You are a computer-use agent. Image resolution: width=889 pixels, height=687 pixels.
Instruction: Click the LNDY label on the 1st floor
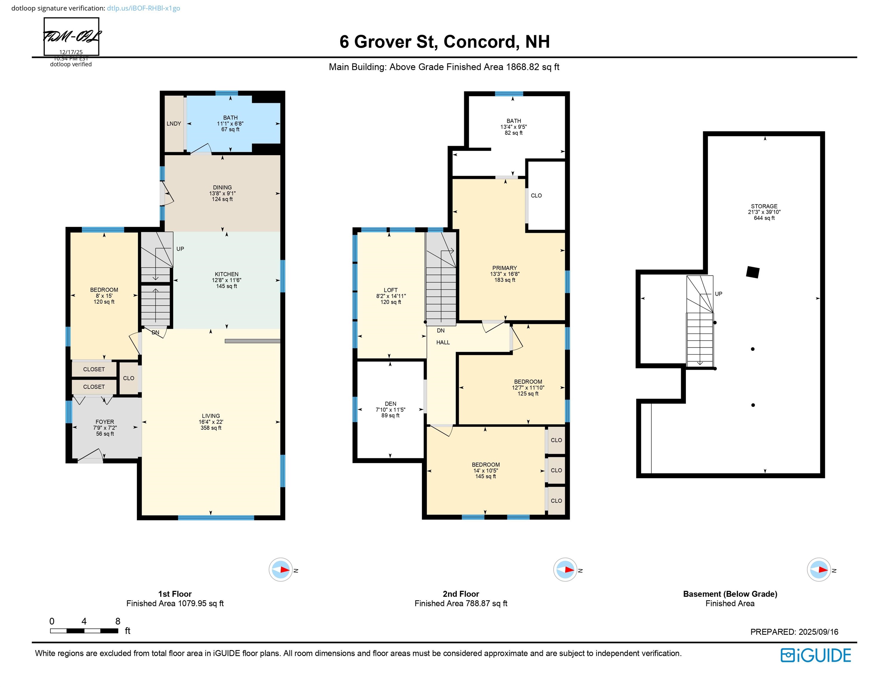pos(174,124)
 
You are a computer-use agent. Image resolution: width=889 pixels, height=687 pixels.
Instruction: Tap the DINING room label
pos(222,188)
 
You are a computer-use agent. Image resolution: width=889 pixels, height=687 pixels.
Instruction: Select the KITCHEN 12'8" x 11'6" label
pos(227,280)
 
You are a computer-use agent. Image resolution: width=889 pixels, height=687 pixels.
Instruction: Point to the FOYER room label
pos(105,422)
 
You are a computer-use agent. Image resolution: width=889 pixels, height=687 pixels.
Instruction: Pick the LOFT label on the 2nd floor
pos(390,290)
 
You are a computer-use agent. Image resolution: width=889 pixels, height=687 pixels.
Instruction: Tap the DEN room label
pos(390,404)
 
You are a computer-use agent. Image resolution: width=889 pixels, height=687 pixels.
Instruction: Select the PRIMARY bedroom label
pos(505,268)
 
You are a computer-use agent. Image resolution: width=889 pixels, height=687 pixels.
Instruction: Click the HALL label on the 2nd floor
pos(443,342)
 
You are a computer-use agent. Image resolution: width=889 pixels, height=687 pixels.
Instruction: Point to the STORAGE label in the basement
pos(764,206)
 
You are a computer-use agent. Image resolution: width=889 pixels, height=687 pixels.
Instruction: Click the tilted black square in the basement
pos(753,272)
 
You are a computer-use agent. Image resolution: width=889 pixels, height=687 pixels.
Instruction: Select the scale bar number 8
pos(117,621)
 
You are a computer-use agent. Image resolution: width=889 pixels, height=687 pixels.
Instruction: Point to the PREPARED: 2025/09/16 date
pos(794,632)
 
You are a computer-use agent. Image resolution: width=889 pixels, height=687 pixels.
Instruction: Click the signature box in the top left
pos(71,37)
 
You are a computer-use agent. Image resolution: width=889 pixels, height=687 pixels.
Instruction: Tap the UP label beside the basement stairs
pos(718,294)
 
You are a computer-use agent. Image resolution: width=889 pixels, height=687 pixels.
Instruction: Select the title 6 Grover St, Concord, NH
pos(444,41)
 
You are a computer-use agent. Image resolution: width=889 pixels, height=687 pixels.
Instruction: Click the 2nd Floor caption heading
pos(461,594)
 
